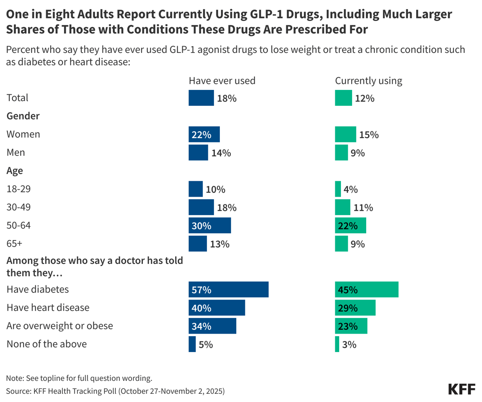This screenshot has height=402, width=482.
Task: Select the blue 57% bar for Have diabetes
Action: (x=229, y=290)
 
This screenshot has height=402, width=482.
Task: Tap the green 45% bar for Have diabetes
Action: (x=367, y=290)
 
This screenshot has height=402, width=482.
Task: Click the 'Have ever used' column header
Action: (x=222, y=80)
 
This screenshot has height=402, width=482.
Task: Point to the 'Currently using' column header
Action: (x=368, y=80)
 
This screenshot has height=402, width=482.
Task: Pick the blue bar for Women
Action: (x=204, y=134)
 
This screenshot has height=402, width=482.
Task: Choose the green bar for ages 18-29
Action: (x=338, y=189)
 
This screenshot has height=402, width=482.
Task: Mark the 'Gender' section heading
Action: (x=23, y=116)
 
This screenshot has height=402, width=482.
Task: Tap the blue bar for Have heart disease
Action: (x=217, y=308)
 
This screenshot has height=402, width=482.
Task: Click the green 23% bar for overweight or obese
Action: (x=351, y=326)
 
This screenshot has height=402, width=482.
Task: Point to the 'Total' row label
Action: (x=17, y=98)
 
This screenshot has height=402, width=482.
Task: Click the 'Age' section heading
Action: (x=15, y=170)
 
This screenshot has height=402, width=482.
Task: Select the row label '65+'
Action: (x=14, y=244)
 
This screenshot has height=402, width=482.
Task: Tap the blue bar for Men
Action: (x=198, y=153)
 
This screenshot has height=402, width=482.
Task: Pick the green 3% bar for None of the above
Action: (x=337, y=344)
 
